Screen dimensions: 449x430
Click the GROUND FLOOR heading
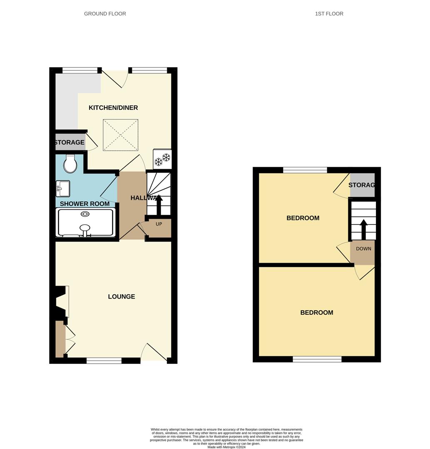click(x=105, y=14)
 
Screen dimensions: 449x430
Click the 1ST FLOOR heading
click(x=329, y=14)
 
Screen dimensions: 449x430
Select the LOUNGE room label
click(x=122, y=296)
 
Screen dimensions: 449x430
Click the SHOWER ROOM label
click(x=85, y=204)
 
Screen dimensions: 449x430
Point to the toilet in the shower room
click(x=70, y=165)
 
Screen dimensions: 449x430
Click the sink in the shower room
click(x=63, y=188)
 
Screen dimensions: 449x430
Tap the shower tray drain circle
click(x=85, y=214)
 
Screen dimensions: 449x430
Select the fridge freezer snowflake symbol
click(x=162, y=159)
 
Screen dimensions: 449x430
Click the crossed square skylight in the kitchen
click(x=120, y=135)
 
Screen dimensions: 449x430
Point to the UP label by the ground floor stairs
click(x=159, y=224)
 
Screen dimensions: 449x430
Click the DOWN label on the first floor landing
click(x=363, y=249)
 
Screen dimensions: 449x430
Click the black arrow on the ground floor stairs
click(x=159, y=204)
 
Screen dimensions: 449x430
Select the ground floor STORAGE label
click(x=70, y=143)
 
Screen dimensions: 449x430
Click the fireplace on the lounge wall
click(x=60, y=301)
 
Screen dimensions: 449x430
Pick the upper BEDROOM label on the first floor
click(x=303, y=218)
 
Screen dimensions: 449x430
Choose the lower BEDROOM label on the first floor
click(x=317, y=313)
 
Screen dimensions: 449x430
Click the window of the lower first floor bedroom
click(x=317, y=359)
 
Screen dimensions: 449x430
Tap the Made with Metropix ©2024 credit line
click(x=226, y=447)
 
